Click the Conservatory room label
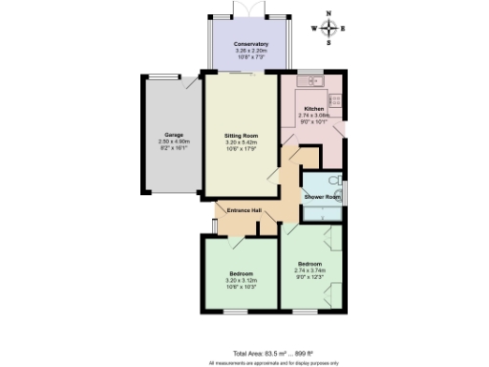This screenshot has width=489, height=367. click(x=250, y=44)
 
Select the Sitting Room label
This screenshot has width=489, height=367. click(x=241, y=136)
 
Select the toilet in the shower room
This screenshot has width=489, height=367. click(x=335, y=181)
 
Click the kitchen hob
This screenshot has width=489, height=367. click(x=335, y=99)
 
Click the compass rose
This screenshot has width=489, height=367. click(x=329, y=29)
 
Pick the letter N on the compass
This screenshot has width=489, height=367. click(x=329, y=14)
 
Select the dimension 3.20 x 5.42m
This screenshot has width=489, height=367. click(x=241, y=141)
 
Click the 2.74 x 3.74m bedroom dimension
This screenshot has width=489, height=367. click(x=310, y=270)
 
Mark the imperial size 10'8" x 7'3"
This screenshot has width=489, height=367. click(x=250, y=56)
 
